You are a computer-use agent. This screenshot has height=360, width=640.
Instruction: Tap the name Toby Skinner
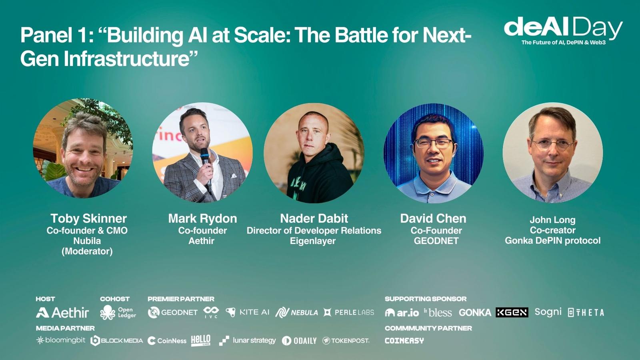tap(88, 218)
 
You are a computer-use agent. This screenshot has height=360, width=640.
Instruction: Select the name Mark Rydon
tap(202, 218)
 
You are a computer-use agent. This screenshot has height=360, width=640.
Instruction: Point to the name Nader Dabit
tap(314, 218)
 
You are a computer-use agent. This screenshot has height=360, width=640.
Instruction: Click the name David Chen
tap(433, 218)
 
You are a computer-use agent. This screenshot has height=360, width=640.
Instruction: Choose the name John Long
tap(552, 220)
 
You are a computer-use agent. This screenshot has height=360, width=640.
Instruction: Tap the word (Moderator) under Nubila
tap(87, 252)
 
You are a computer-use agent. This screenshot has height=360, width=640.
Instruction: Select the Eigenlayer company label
tap(313, 241)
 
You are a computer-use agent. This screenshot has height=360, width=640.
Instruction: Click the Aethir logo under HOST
tap(62, 312)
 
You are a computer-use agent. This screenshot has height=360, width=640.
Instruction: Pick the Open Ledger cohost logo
tap(118, 312)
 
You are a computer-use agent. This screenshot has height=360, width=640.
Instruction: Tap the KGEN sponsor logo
tap(512, 312)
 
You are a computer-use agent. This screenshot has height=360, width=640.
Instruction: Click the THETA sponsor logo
tap(586, 312)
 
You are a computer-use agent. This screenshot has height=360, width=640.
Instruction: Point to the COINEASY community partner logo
tap(404, 340)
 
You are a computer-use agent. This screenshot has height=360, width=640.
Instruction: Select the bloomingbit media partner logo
tap(60, 340)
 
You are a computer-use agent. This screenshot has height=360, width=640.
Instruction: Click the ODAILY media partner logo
tap(299, 340)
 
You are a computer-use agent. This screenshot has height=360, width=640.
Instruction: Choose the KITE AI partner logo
tap(248, 312)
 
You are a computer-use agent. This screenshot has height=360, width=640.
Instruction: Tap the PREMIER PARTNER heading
tap(181, 299)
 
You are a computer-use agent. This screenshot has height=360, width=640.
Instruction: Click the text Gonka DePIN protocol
tap(552, 240)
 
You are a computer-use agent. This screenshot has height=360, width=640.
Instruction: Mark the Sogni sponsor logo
tap(548, 312)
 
